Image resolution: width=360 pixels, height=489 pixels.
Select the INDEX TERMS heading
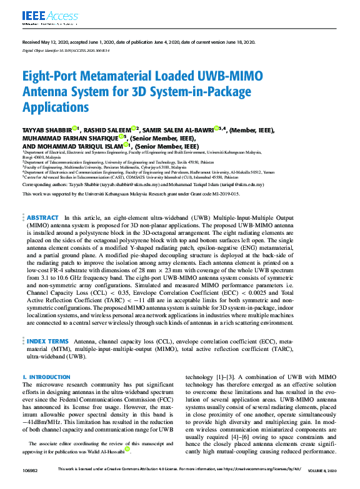tap(47, 342)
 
